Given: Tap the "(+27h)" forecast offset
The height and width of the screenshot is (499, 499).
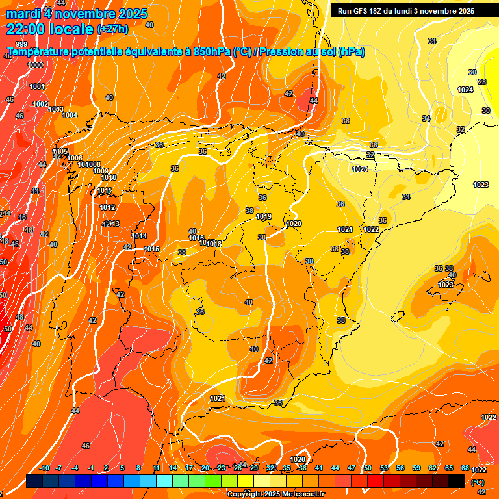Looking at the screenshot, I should [x=112, y=29].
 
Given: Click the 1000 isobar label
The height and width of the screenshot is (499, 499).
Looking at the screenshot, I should [x=35, y=65].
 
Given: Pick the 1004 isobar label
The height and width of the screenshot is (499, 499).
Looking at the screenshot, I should [x=70, y=115].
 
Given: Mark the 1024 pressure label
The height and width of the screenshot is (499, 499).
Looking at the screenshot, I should [x=465, y=90].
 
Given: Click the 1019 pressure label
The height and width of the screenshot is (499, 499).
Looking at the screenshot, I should [x=264, y=216].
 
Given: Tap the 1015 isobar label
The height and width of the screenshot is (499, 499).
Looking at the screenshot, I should [x=152, y=249].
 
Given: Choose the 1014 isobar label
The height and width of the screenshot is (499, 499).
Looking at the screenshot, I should [x=140, y=236].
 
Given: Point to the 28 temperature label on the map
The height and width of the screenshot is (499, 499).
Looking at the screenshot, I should [x=482, y=82].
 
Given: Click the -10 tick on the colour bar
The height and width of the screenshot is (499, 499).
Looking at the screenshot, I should [x=44, y=468].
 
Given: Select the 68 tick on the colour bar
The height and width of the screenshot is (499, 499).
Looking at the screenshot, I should [x=465, y=468].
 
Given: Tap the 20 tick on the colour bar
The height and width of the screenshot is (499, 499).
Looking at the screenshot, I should [x=205, y=468].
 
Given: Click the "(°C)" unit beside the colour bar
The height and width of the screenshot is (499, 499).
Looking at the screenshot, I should [x=478, y=481].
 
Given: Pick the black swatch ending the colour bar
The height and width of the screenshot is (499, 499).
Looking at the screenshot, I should [x=457, y=481].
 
